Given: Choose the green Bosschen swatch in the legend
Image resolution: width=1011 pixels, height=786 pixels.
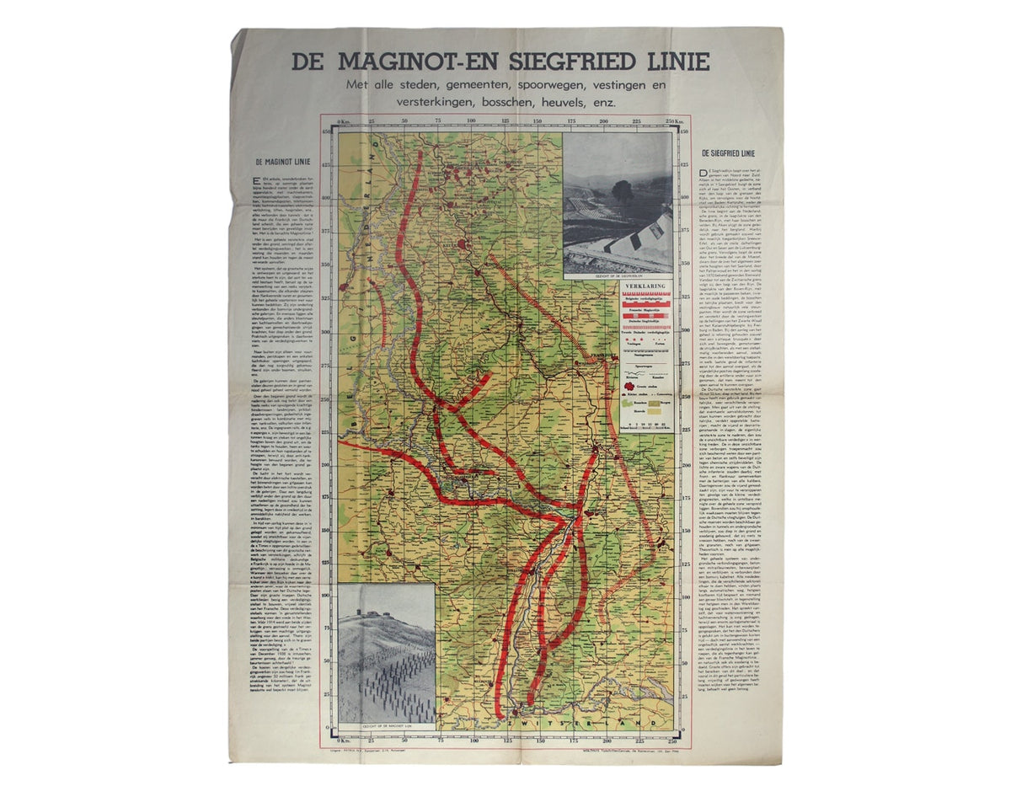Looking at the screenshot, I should pyautogui.click(x=629, y=403).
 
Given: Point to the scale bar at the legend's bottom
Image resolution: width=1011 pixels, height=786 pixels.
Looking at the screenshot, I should pyautogui.click(x=646, y=423).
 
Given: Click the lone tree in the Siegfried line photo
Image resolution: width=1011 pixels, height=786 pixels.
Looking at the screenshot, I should pyautogui.click(x=624, y=190).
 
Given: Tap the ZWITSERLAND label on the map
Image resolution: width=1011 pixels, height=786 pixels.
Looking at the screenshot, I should pyautogui.click(x=590, y=723).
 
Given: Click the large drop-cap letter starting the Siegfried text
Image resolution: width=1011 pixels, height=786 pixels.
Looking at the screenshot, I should pyautogui.click(x=703, y=171).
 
